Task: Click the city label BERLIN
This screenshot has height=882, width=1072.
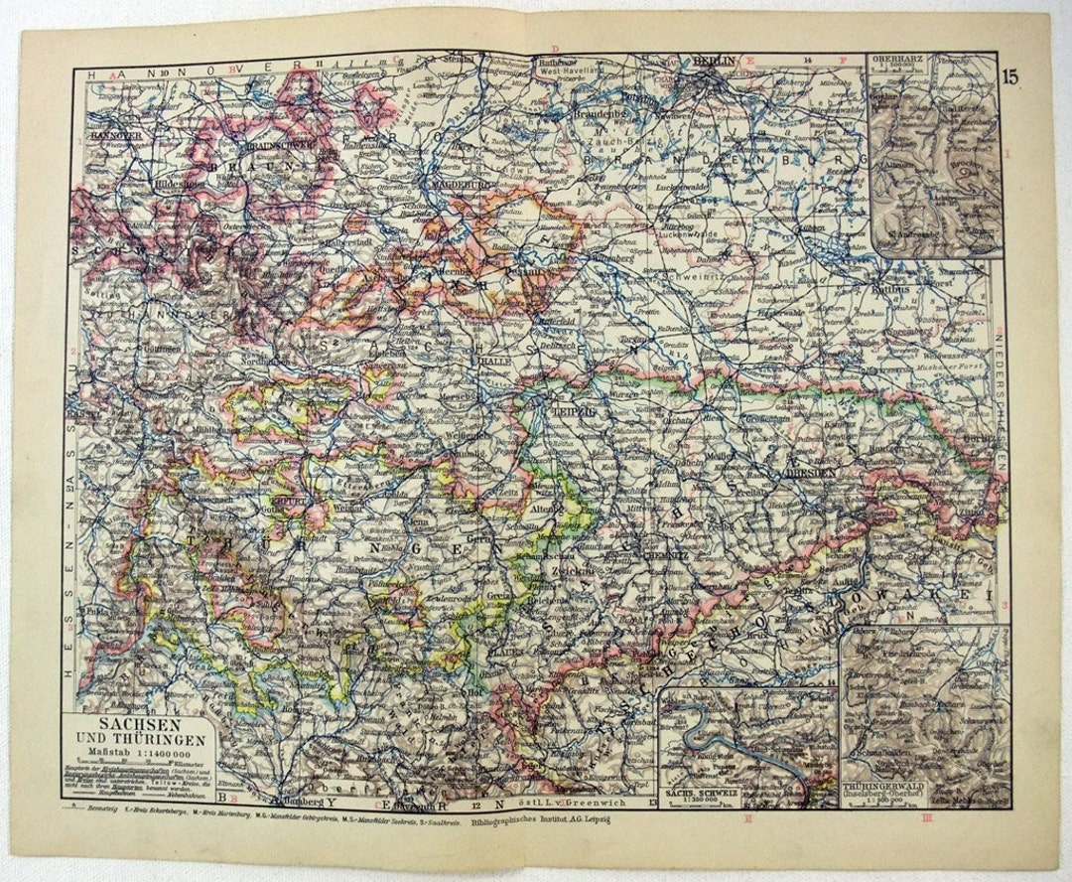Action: coord(715,63)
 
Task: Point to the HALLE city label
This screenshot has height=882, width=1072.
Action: coord(494,363)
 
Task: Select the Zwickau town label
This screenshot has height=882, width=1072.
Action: coord(597,573)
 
